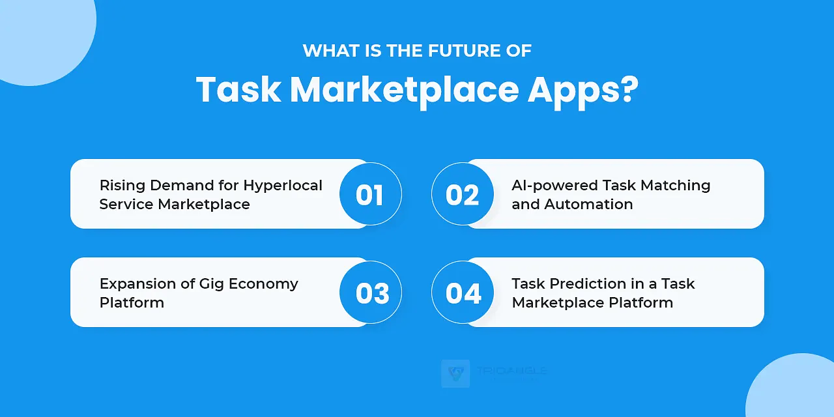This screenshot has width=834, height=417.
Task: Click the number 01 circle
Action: tap(370, 194)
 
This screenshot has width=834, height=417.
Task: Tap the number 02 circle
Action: tap(463, 194)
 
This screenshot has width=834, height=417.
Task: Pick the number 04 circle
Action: tap(463, 293)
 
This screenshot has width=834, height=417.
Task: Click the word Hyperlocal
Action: tap(283, 186)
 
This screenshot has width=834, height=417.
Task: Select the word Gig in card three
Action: tap(205, 284)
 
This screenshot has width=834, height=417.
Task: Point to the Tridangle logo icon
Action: tap(455, 373)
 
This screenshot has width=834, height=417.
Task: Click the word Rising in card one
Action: tap(121, 185)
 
